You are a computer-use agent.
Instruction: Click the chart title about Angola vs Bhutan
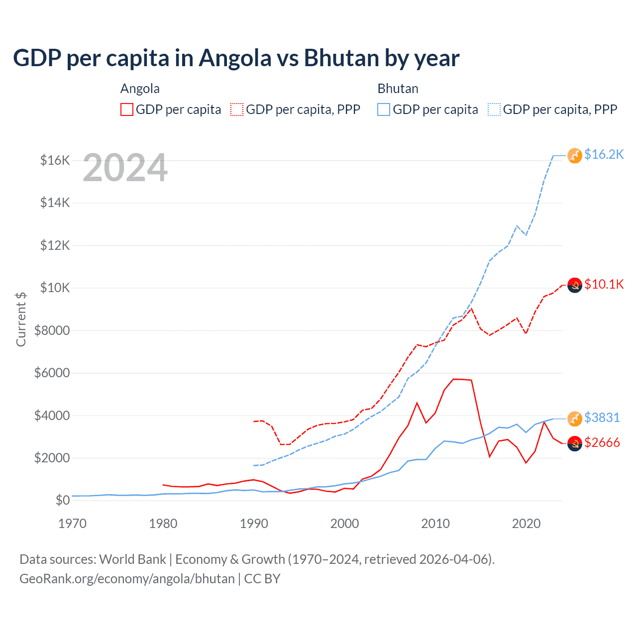[x=236, y=58]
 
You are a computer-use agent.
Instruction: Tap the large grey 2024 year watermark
[x=125, y=168]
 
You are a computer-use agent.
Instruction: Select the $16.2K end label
[x=604, y=155]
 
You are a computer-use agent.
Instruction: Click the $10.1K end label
[x=604, y=284]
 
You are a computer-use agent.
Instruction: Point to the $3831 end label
[x=602, y=418]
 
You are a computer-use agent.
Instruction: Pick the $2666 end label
[x=602, y=442]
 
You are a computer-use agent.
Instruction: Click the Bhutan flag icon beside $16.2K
[x=575, y=155]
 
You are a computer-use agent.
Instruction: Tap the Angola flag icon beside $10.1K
[x=575, y=285]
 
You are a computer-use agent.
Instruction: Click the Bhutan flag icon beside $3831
[x=575, y=419]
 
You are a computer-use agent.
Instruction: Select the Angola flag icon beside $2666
[x=575, y=443]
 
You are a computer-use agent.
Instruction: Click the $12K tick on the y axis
[x=55, y=245]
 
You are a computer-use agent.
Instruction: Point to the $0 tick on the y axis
[x=62, y=500]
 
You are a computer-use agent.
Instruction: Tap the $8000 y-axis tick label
[x=52, y=330]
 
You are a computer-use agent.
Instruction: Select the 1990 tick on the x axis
[x=254, y=524]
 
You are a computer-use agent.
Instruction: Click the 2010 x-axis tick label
[x=435, y=524]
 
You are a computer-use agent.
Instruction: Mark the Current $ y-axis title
[x=21, y=319]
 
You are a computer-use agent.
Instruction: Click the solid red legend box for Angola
[x=127, y=109]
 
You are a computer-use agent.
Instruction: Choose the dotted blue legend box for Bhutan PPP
[x=494, y=109]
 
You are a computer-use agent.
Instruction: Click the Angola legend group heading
[x=140, y=89]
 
